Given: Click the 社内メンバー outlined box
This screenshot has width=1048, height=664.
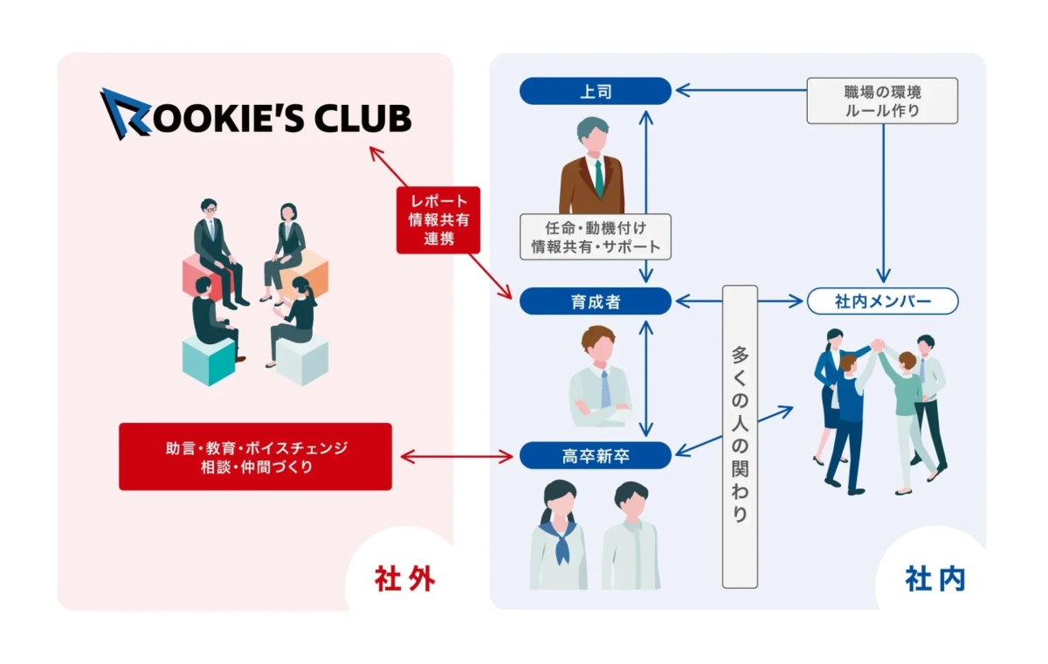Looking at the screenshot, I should tap(883, 301).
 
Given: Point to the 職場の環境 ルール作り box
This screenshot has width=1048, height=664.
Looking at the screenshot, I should tap(882, 100).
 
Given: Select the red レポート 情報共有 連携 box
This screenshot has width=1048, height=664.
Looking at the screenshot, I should tap(438, 219).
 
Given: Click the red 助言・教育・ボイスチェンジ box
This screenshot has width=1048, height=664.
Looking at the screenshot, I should tap(255, 456).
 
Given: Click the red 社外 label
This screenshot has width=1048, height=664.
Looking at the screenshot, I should tap(404, 578).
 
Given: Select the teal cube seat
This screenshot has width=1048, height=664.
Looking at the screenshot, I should tap(209, 360).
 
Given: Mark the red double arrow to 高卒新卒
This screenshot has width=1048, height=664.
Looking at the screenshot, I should tap(455, 455).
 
